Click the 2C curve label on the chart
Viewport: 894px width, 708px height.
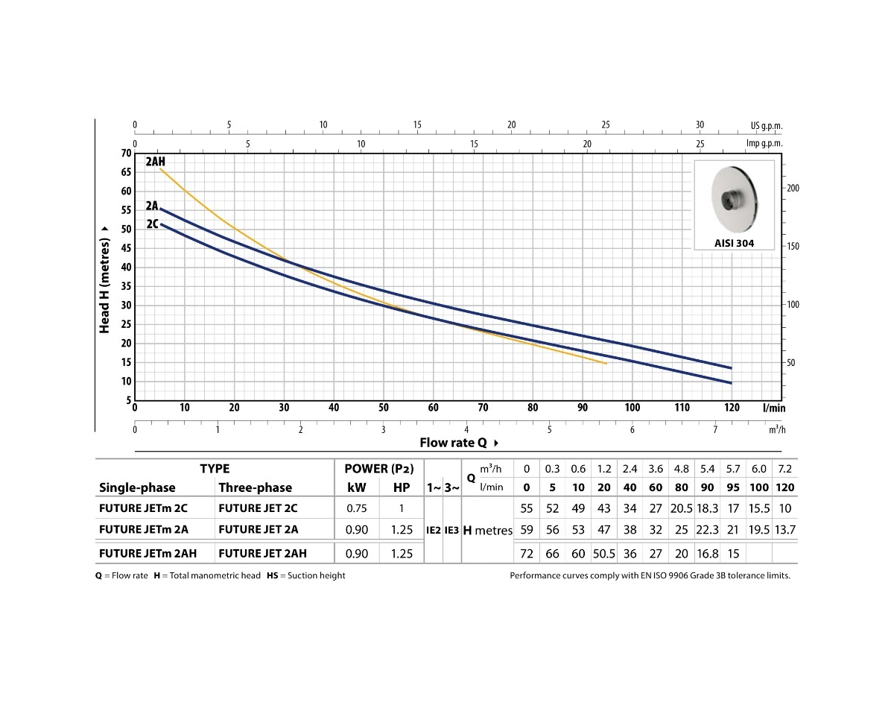point(152,223)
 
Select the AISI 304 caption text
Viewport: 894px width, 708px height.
point(734,243)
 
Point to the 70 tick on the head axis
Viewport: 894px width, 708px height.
point(124,154)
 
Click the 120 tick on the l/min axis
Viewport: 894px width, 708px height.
point(732,408)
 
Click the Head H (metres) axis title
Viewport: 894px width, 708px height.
point(105,285)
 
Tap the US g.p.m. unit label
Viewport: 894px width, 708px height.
point(767,126)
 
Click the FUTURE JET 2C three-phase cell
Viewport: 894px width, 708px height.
point(258,508)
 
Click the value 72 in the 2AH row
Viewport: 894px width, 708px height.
point(527,553)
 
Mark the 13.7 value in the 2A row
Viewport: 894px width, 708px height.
point(785,530)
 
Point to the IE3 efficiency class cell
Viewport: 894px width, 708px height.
point(451,531)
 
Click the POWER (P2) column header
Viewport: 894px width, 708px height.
point(379,469)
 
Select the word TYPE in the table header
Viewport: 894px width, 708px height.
point(215,469)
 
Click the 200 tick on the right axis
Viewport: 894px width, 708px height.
point(793,188)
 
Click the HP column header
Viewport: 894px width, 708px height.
point(402,487)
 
